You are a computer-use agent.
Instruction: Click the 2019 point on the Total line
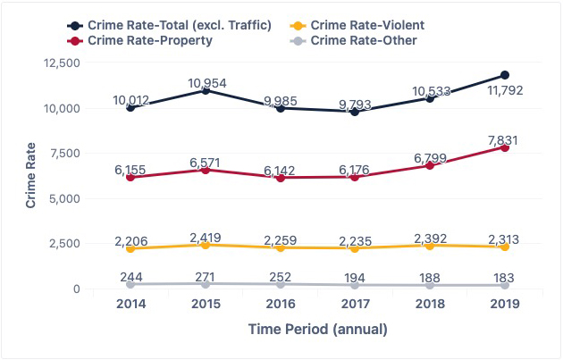click(505, 75)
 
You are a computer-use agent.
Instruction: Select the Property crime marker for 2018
click(430, 165)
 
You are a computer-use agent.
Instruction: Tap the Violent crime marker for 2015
click(206, 245)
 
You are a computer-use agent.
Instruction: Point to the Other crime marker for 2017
click(355, 285)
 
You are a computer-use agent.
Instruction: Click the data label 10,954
click(206, 83)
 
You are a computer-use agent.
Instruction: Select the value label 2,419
click(206, 239)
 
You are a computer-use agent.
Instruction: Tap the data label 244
click(130, 278)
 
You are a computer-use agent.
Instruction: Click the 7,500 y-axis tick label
click(65, 154)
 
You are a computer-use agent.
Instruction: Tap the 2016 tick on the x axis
click(281, 306)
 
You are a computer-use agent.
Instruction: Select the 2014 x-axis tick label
click(130, 306)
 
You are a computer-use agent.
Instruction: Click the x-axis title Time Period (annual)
click(317, 330)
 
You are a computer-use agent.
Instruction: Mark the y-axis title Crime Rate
click(30, 175)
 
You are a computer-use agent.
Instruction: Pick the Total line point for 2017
click(355, 111)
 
